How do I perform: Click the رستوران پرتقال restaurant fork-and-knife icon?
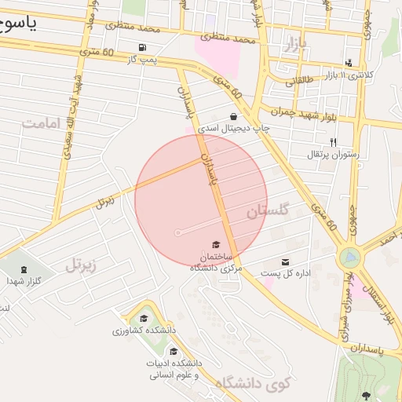tap(334, 142)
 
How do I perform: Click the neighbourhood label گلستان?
tap(268, 211)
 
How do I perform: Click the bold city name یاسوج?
tap(19, 24)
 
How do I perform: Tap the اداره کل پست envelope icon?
tap(284, 261)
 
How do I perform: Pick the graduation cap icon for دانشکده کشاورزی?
tap(144, 318)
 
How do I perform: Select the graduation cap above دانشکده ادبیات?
tap(174, 351)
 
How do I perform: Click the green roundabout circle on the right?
tap(350, 257)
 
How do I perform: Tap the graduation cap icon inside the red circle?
tap(215, 246)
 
